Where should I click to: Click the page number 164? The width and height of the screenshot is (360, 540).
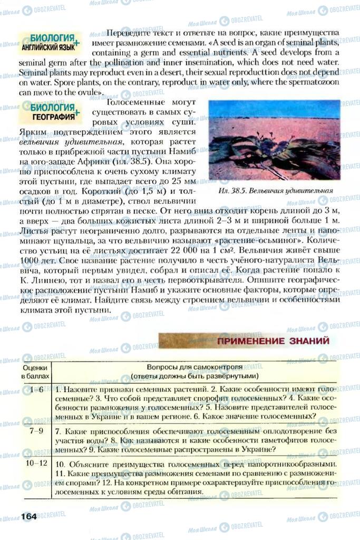[28, 516]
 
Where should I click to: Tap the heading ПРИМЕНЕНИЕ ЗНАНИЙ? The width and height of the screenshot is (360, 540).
[273, 341]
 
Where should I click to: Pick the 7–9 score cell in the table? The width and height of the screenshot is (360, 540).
[36, 431]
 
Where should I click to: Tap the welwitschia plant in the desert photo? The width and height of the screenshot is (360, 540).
[264, 153]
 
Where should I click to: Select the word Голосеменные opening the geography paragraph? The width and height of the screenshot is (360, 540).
[130, 102]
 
